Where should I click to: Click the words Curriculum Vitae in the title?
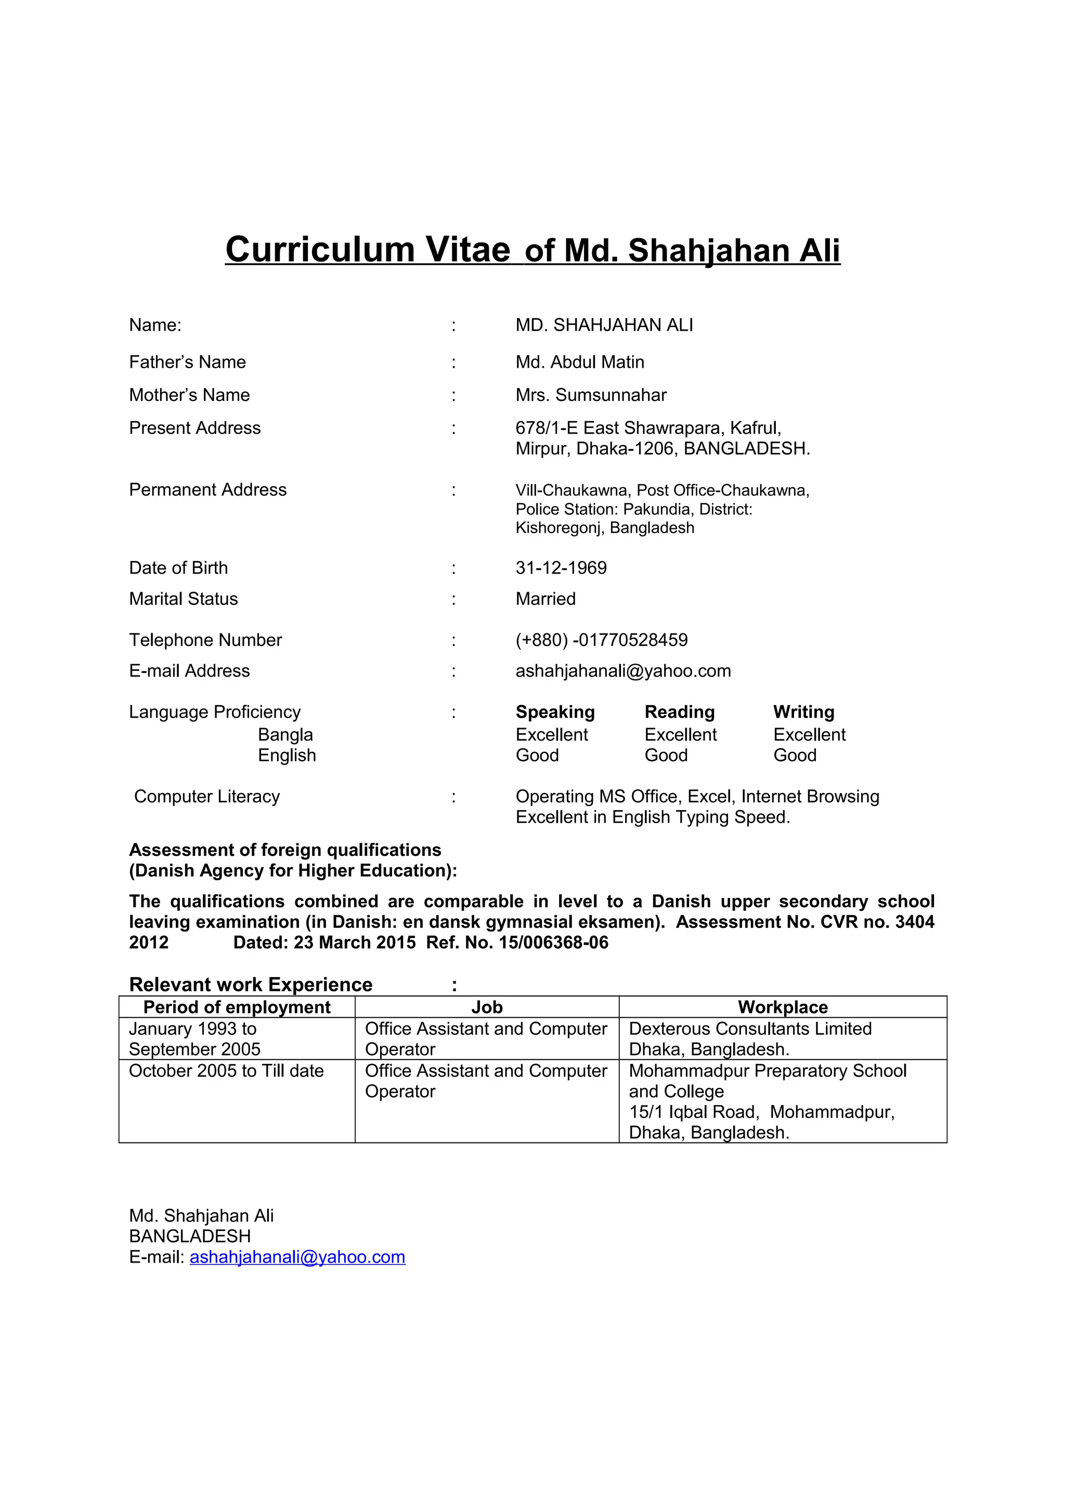(x=368, y=250)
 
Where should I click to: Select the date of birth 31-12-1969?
(x=561, y=568)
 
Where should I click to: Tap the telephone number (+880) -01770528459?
(x=601, y=640)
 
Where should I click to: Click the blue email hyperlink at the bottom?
(x=297, y=1257)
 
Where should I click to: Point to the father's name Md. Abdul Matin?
(x=579, y=362)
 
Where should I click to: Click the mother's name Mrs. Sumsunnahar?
(x=591, y=395)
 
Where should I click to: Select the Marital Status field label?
(x=183, y=599)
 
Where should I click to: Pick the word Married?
(x=546, y=599)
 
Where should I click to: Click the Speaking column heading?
(x=555, y=712)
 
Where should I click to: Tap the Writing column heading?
(x=803, y=712)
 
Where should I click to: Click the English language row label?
(x=287, y=756)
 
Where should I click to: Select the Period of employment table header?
(x=237, y=1007)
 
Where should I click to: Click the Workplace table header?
(x=782, y=1007)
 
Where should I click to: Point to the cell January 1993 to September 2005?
(x=194, y=1039)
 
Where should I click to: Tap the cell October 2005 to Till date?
(x=226, y=1071)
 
